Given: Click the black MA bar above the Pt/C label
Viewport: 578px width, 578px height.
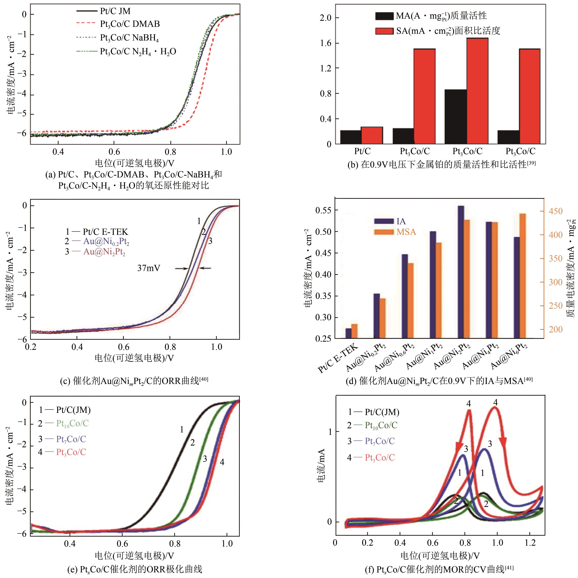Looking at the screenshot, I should (351, 137).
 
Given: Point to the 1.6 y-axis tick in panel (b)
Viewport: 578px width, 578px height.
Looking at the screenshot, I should (325, 43).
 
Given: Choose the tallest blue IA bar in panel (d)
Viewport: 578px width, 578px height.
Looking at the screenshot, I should (461, 272).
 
